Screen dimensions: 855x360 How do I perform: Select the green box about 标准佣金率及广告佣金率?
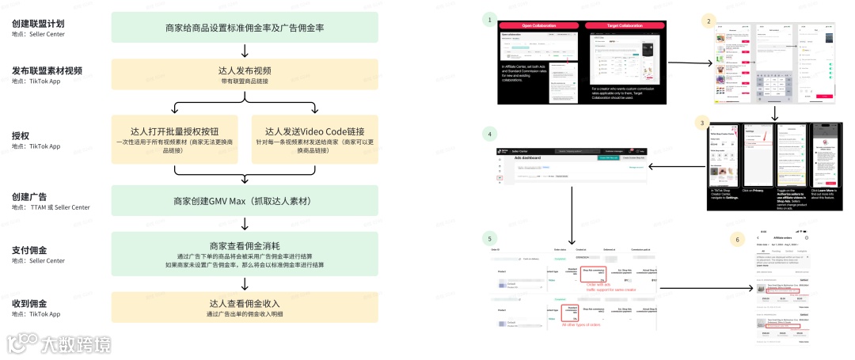(245, 27)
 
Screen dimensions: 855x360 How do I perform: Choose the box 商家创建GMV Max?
(245, 201)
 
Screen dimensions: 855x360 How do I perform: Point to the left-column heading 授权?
(21, 135)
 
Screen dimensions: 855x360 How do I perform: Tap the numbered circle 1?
(491, 19)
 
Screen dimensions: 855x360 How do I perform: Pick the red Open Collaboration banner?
(539, 25)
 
